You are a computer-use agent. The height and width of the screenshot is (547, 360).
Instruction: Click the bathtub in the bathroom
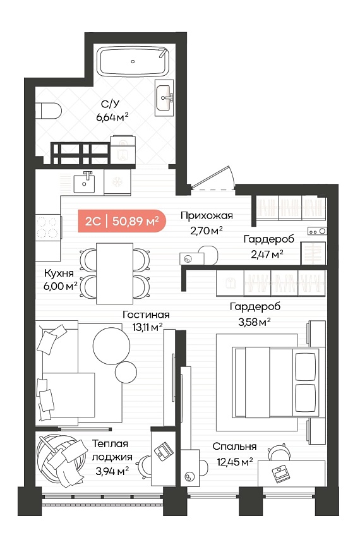133,61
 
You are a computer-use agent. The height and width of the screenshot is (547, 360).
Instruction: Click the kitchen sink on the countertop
84,183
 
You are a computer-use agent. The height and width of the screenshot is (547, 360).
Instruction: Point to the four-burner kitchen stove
48,227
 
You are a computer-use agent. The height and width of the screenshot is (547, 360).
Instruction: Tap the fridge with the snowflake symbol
117,182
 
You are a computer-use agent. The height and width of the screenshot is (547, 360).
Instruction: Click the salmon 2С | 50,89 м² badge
121,221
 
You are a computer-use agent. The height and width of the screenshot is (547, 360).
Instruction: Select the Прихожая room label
207,215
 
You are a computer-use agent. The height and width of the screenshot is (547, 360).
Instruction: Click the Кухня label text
59,273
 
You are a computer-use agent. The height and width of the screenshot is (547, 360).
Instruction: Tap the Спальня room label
234,446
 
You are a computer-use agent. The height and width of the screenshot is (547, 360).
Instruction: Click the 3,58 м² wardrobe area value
255,322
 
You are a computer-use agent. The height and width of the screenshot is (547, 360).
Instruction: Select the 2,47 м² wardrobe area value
267,254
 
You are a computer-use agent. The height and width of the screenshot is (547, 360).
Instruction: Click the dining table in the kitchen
115,273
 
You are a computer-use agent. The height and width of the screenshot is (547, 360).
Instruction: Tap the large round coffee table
111,346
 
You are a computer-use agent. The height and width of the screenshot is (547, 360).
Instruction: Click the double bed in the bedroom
275,382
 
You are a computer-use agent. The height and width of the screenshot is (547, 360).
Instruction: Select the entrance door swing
212,178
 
